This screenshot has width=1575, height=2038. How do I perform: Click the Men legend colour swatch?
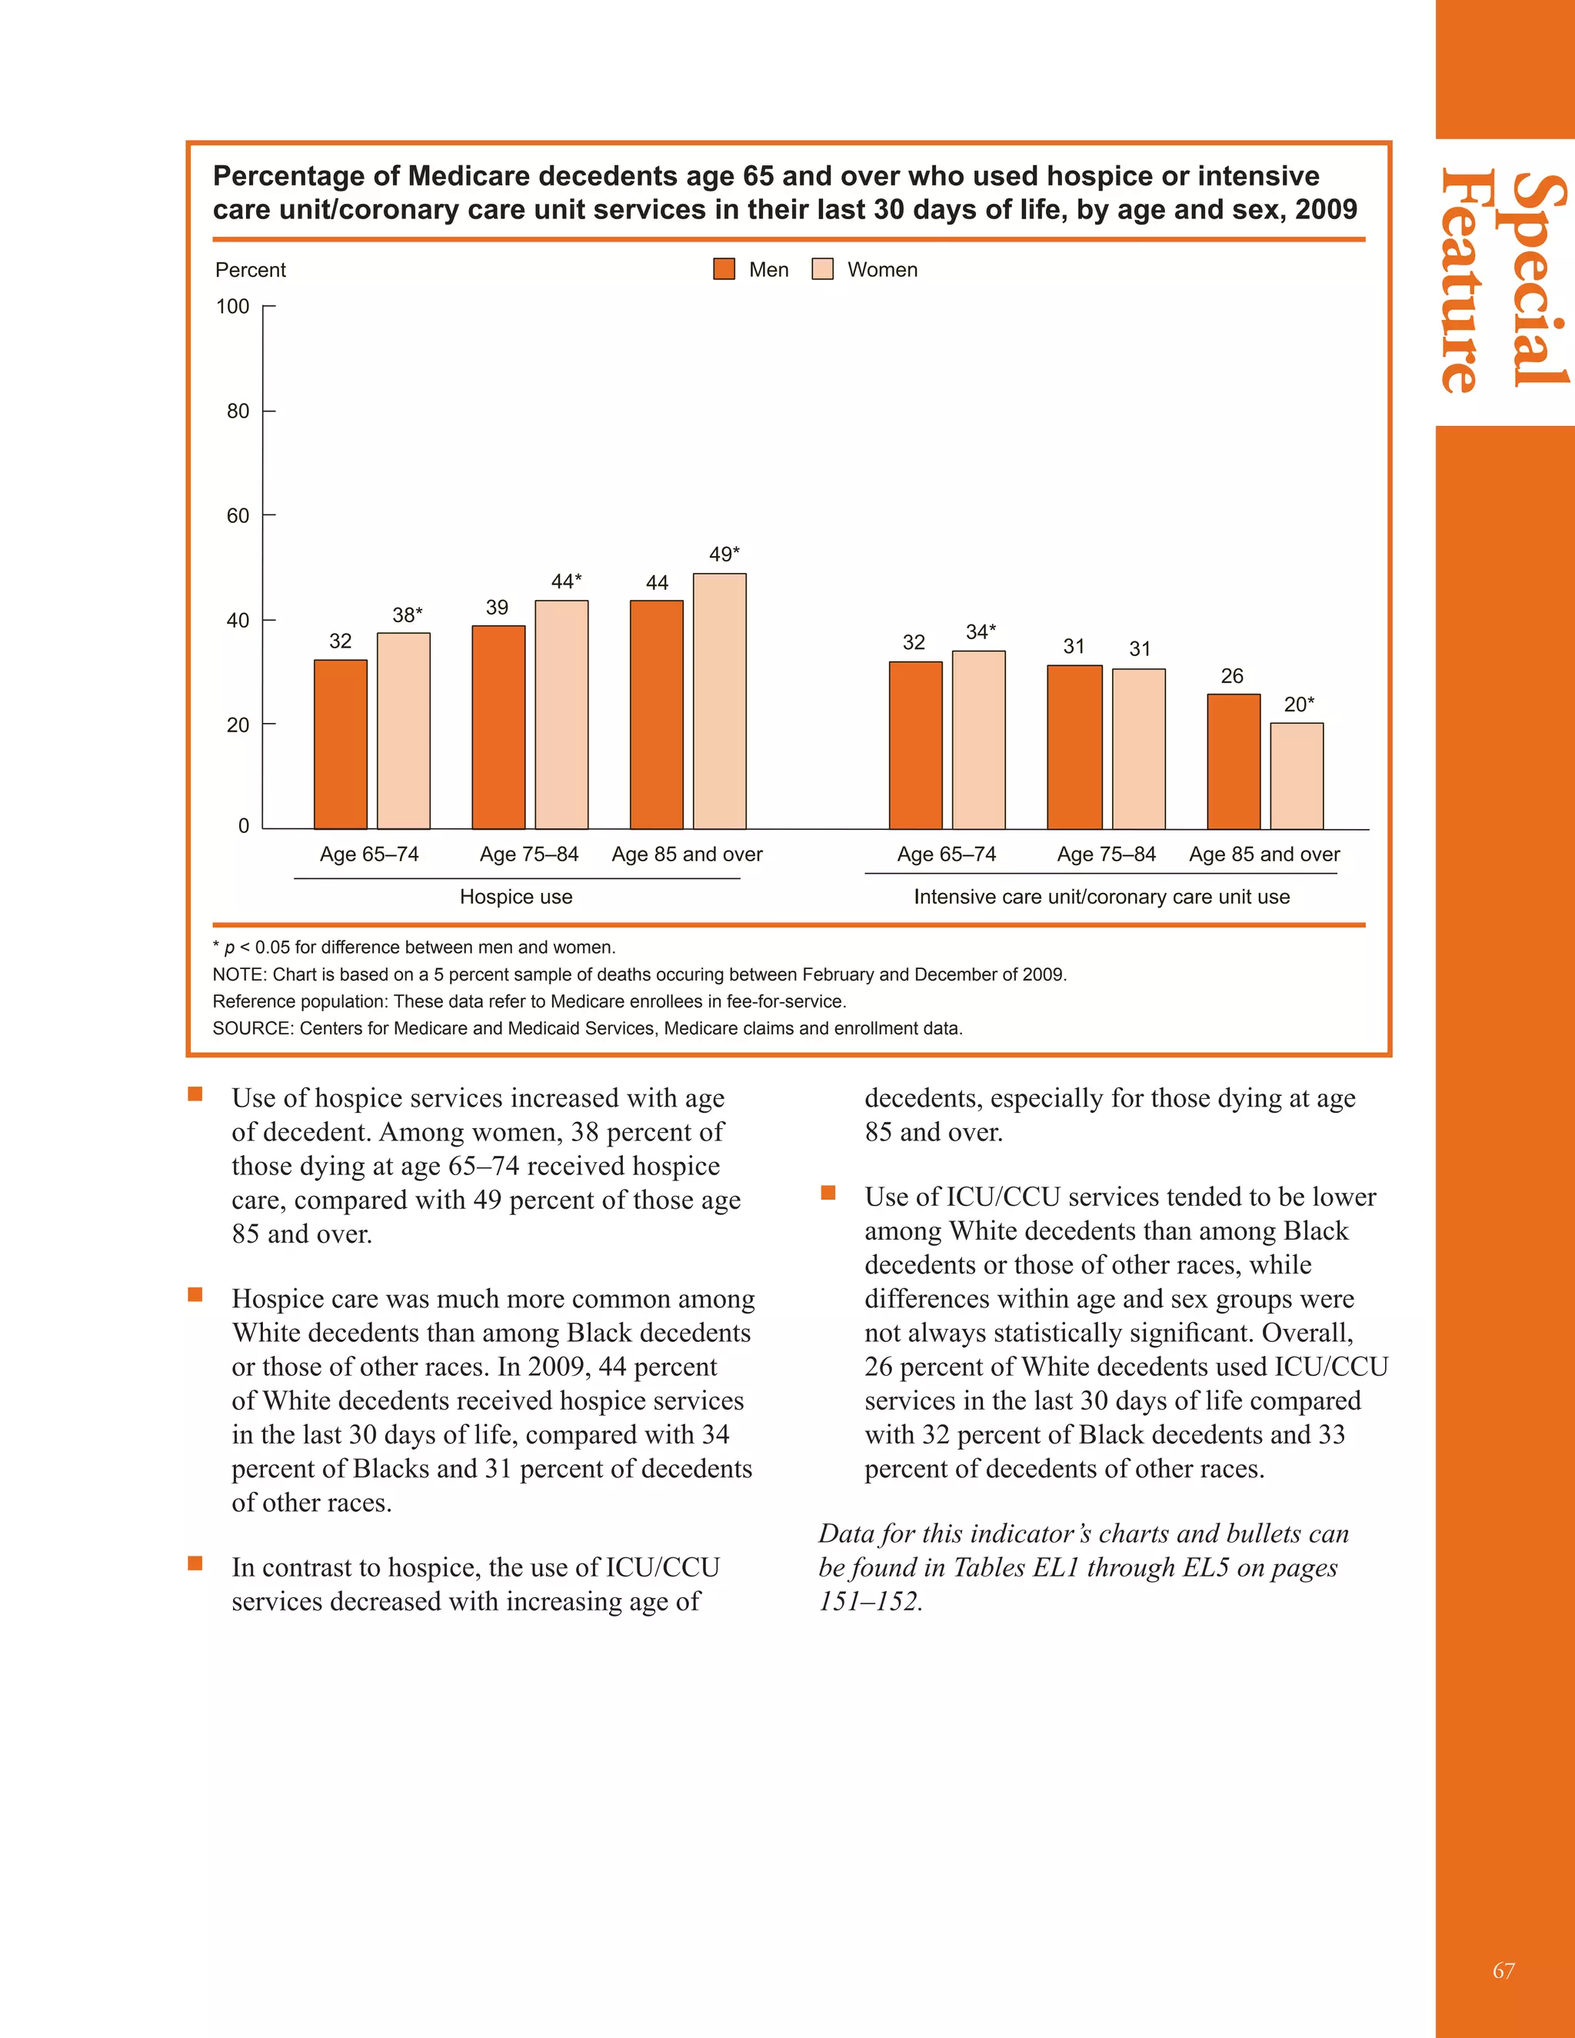pos(724,270)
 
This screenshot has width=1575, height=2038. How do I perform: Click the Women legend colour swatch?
pos(822,270)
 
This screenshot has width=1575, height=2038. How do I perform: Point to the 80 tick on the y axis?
pos(238,411)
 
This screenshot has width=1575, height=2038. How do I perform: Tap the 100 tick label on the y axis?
pos(233,306)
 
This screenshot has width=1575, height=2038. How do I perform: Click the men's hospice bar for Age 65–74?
pos(341,744)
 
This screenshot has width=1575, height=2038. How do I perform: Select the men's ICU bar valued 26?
pos(1234,761)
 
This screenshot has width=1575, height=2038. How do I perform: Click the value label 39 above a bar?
pos(498,608)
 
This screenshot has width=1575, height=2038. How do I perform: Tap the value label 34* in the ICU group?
pos(981,631)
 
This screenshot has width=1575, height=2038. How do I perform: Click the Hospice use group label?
pos(516,897)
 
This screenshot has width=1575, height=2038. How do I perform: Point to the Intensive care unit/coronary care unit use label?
pos(1102,897)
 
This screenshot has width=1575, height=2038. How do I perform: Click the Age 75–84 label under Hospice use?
pos(529,854)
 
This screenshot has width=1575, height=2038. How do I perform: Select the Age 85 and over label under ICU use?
pos(1264,854)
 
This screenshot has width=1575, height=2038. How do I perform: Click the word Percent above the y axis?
pos(251,270)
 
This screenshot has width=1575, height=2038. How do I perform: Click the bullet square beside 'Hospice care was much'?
pos(195,1294)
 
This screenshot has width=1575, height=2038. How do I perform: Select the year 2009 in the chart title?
pos(1325,209)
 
